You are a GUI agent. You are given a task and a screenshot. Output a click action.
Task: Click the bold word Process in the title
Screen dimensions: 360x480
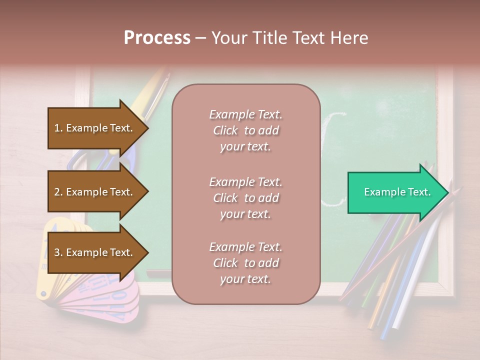point(157,38)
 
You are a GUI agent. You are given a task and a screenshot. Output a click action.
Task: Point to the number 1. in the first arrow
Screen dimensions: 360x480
point(58,128)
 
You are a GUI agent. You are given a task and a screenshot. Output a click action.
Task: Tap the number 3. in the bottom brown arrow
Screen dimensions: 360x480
point(58,252)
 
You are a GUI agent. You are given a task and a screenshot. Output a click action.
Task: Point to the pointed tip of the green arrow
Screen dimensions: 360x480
point(447,192)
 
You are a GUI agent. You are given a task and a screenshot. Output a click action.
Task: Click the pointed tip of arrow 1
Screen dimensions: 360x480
point(147,128)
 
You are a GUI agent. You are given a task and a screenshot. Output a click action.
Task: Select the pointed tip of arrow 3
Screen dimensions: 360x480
point(147,252)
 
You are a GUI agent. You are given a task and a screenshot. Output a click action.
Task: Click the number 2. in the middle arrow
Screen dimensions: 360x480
point(58,192)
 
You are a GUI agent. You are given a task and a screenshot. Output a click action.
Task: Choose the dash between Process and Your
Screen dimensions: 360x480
point(200,38)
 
